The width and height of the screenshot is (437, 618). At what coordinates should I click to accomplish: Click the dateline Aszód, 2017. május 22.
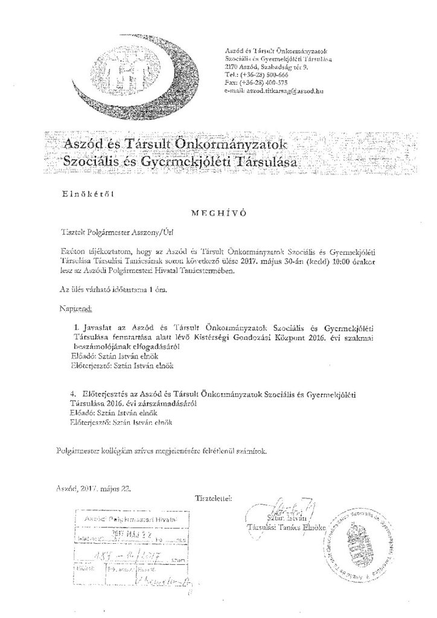[x=91, y=486]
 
